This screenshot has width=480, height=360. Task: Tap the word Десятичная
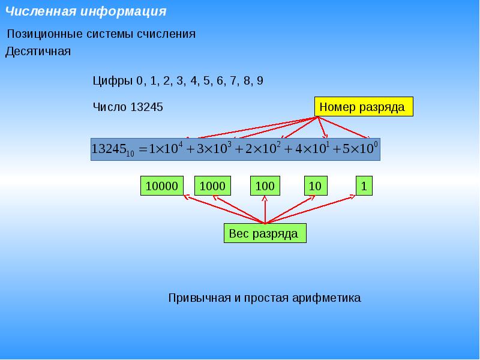pos(38,52)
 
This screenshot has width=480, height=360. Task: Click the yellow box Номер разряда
pos(364,107)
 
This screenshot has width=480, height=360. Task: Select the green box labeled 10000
pos(162,186)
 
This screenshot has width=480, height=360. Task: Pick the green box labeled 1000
pos(212,186)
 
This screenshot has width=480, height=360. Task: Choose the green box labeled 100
pos(265,186)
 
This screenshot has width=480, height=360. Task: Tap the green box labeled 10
pos(316,186)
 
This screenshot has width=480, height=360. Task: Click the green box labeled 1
pos(364,186)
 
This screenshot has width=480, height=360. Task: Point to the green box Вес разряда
pos(264,233)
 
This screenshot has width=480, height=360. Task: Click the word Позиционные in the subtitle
pos(39,34)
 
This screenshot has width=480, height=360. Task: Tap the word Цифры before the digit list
pos(113,81)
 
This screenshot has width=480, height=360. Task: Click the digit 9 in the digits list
pos(259,81)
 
